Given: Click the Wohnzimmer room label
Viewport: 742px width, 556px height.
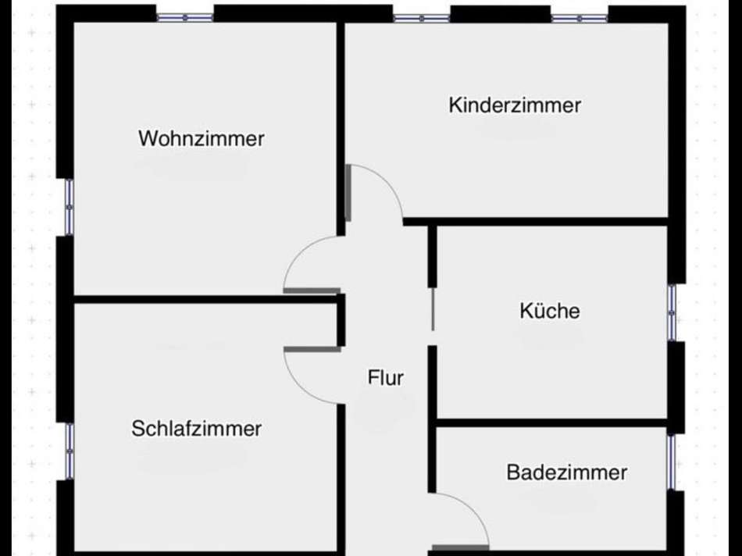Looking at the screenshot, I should [202, 139].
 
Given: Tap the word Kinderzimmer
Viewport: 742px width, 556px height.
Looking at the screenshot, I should [515, 105].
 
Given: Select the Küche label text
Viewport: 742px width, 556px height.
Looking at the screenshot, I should [550, 311].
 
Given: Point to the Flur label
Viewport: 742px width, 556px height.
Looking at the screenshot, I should [386, 378].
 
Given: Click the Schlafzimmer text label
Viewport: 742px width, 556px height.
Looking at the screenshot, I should [196, 429].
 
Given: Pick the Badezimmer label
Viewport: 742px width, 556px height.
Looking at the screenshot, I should [566, 472].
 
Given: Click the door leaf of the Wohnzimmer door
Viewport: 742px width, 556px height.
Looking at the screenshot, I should [312, 290].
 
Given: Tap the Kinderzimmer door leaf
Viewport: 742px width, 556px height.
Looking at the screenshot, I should [348, 193].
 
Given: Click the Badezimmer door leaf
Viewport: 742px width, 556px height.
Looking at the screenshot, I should [460, 547].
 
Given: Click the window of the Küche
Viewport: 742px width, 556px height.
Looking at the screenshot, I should [672, 312].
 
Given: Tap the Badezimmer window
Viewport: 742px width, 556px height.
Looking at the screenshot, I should [672, 462].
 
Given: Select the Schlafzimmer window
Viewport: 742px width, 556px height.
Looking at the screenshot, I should [69, 451].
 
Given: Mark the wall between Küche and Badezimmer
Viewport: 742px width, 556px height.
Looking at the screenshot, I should [551, 422].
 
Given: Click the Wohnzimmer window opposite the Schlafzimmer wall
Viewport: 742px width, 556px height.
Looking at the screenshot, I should [184, 16].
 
